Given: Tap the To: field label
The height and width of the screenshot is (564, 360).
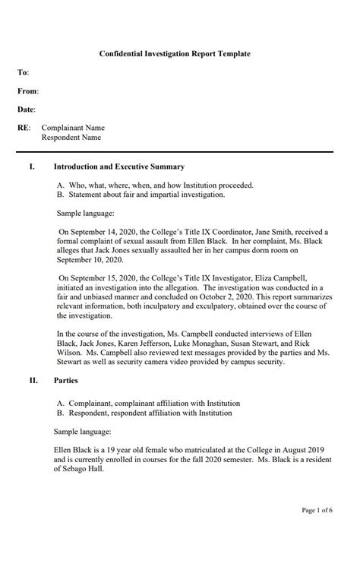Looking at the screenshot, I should tap(24, 73).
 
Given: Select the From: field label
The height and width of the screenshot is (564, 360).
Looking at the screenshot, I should tap(28, 91).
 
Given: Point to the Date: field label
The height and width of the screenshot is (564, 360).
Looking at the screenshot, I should tap(27, 110).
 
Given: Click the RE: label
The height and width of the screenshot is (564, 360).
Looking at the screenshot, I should tap(24, 128).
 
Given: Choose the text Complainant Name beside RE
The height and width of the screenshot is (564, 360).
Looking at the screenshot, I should tap(73, 128).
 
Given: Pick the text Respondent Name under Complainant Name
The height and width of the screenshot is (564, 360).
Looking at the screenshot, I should tap(71, 138).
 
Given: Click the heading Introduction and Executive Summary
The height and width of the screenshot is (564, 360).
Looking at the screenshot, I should tap(119, 166).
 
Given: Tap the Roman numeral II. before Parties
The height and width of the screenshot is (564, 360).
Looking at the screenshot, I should tap(33, 384).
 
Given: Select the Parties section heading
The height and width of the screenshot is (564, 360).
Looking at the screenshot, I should tap(66, 384).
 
